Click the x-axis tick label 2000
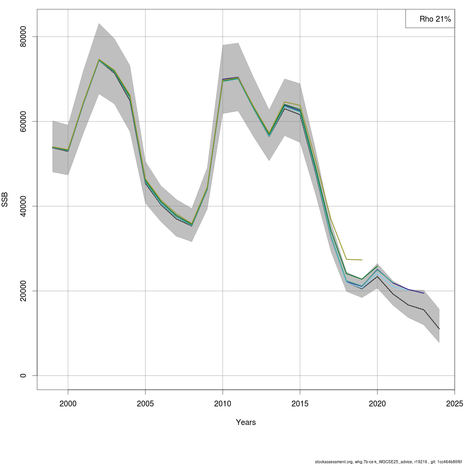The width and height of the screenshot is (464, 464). click(x=68, y=404)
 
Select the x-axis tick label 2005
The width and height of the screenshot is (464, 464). click(x=145, y=404)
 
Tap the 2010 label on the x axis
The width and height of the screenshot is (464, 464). click(x=223, y=404)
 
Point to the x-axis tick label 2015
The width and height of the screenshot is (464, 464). click(x=300, y=404)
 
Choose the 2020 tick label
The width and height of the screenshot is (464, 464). click(x=377, y=404)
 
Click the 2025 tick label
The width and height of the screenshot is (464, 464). click(x=454, y=404)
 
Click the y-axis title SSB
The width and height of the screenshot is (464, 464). click(x=5, y=200)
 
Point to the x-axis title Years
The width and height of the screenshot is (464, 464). click(x=246, y=422)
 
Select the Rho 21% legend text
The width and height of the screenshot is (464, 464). click(x=435, y=19)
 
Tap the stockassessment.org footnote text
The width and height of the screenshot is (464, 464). click(x=388, y=462)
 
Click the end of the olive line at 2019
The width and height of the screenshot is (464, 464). click(x=362, y=260)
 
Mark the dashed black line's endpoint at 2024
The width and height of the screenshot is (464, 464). click(x=439, y=329)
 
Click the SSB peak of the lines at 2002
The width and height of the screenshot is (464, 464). click(x=99, y=60)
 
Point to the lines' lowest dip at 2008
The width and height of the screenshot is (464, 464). click(x=192, y=225)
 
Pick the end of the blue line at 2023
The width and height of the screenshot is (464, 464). click(x=424, y=293)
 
